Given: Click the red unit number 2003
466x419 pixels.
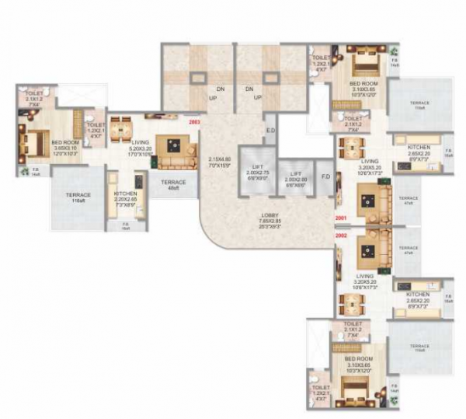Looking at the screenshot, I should point(194,121).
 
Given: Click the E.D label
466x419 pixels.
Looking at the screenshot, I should point(270,130).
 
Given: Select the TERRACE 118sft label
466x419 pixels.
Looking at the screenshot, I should point(78,197).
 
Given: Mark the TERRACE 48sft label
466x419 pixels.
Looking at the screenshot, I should point(173,185).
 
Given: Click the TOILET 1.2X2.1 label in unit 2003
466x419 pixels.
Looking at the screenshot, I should point(96,128).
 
